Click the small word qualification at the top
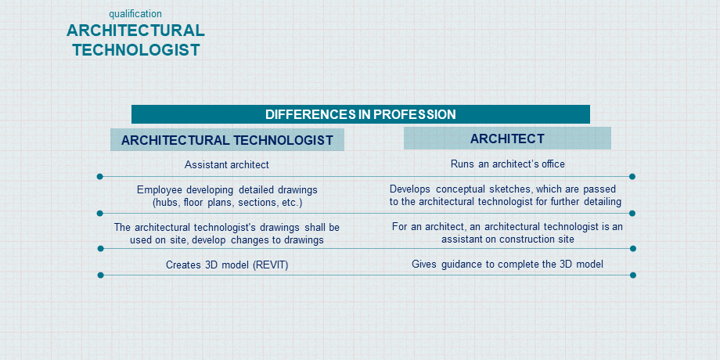[135, 14]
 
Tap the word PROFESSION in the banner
[414, 114]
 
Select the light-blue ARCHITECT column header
[507, 139]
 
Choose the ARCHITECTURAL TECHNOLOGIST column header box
[227, 140]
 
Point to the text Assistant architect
[227, 164]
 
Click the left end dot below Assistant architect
[99, 176]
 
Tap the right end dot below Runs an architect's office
[632, 176]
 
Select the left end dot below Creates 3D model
[100, 275]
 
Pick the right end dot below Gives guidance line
[633, 275]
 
